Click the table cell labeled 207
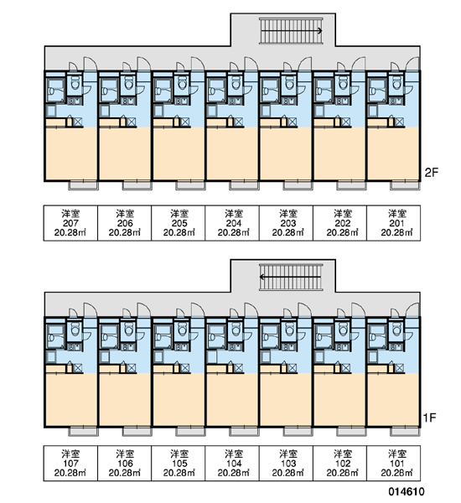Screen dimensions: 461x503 [x=70, y=223]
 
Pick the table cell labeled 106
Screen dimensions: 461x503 [x=125, y=464]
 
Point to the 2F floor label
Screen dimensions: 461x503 [x=431, y=173]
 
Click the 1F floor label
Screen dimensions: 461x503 [x=429, y=417]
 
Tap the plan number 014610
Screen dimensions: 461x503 [x=407, y=491]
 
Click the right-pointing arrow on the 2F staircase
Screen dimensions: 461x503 [x=292, y=31]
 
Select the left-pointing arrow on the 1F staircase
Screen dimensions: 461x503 [x=290, y=277]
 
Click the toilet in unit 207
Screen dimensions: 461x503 [x=75, y=85]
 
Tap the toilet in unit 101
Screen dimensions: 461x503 [x=397, y=329]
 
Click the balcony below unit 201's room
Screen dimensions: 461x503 [x=405, y=185]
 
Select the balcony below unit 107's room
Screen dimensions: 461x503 [x=84, y=432]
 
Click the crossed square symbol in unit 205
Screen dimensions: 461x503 [x=185, y=122]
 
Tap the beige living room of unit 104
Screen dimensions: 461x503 [x=232, y=400]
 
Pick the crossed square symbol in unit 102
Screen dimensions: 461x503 [x=346, y=368]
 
